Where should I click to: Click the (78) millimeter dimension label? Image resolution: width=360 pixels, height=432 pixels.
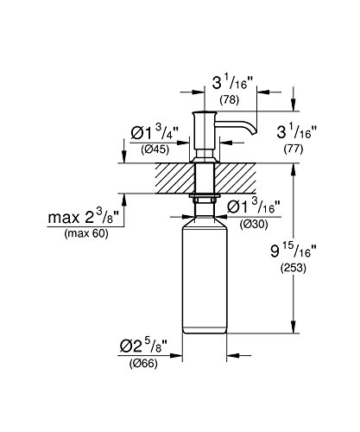coord(230,100)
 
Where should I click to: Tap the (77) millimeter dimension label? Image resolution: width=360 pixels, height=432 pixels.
coord(294,149)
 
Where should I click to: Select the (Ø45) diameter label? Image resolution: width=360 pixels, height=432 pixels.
coord(155,149)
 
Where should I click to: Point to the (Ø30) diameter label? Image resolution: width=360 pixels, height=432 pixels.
coord(254,224)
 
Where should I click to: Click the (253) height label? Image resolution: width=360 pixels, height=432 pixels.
coord(294,268)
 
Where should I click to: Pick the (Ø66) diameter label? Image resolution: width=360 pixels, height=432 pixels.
coord(143,364)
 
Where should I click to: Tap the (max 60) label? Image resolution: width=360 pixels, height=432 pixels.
coord(86,233)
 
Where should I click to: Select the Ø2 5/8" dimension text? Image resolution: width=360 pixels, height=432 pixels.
coord(143,346)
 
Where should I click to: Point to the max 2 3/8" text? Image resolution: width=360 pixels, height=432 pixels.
coord(84,216)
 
